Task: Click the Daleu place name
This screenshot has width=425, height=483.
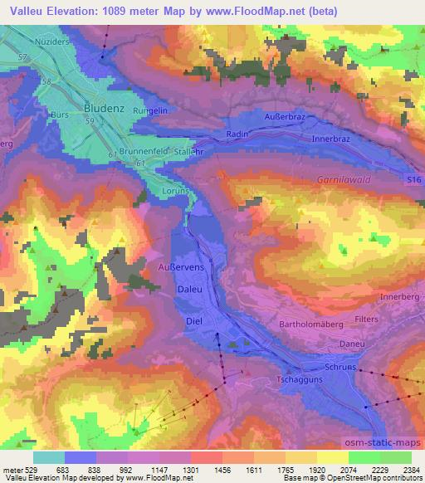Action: click(189, 288)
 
